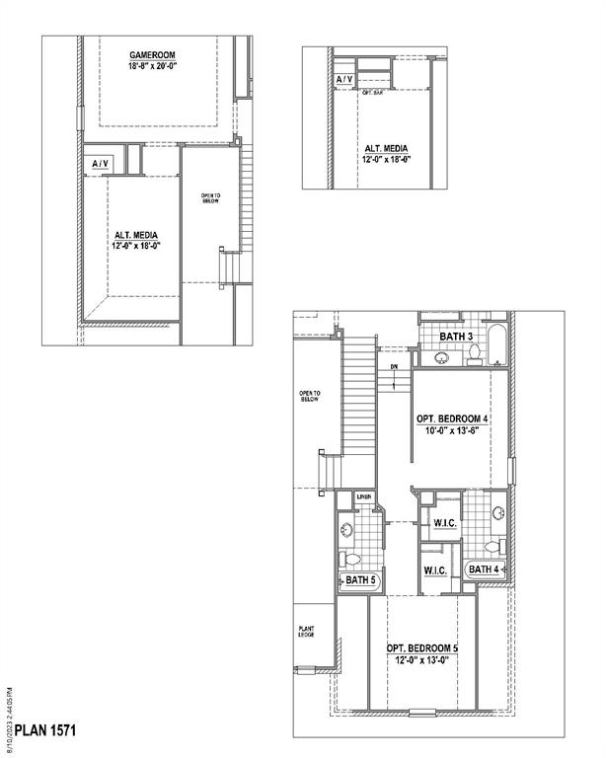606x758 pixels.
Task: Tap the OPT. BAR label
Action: point(373,92)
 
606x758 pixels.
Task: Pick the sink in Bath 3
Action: point(441,358)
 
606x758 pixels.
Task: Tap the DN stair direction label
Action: point(393,368)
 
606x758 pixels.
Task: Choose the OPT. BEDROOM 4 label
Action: point(453,418)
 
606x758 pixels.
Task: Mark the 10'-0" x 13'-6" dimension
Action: point(453,431)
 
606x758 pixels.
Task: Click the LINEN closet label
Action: point(364,496)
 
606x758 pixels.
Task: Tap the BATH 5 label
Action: point(359,580)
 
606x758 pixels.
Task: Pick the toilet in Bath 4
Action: point(493,546)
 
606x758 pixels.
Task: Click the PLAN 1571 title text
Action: point(45,731)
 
